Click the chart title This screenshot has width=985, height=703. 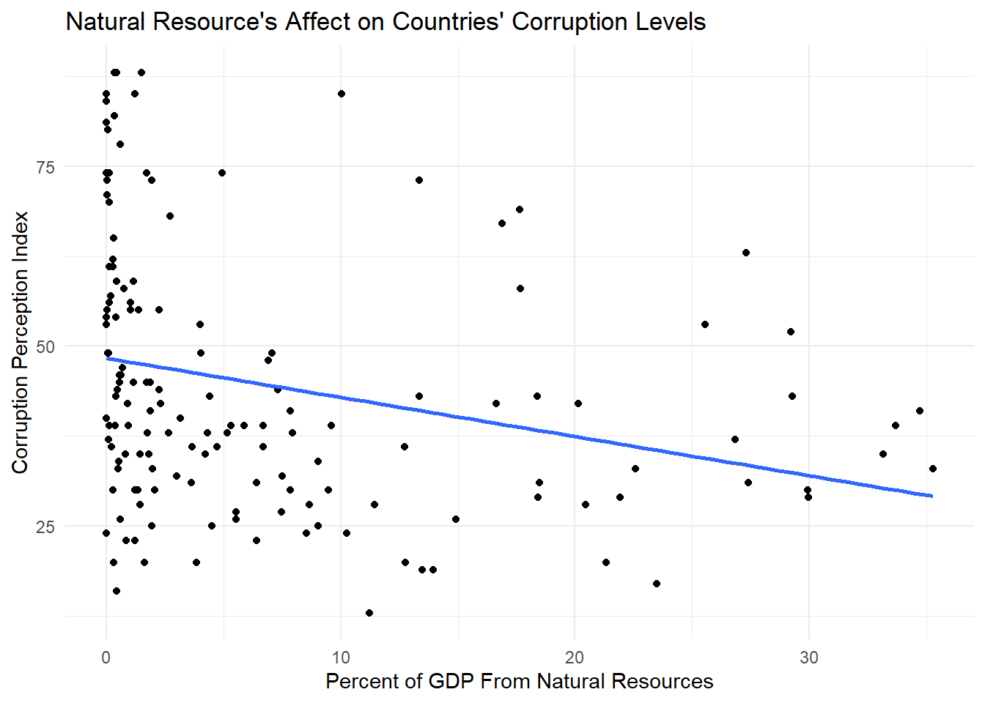click(385, 22)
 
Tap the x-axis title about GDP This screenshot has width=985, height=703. click(519, 682)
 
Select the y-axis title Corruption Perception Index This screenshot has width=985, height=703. click(20, 342)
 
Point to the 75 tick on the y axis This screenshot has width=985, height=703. click(45, 167)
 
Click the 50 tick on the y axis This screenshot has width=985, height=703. click(45, 346)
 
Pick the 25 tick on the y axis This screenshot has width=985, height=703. click(45, 527)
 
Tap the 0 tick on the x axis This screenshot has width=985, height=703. click(106, 658)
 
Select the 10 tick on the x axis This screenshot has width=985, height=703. click(340, 658)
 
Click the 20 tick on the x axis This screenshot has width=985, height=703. click(575, 658)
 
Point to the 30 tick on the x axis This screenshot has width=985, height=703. click(808, 658)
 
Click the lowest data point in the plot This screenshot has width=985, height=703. click(369, 613)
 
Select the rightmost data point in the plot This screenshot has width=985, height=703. click(933, 469)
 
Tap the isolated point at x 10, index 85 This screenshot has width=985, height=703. click(342, 94)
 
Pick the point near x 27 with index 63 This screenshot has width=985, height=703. click(746, 253)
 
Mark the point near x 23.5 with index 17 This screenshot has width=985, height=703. click(657, 584)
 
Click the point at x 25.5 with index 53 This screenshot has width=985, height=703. click(705, 324)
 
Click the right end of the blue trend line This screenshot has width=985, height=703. click(931, 496)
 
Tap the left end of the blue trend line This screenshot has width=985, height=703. click(108, 358)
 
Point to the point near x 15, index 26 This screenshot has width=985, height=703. click(456, 519)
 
